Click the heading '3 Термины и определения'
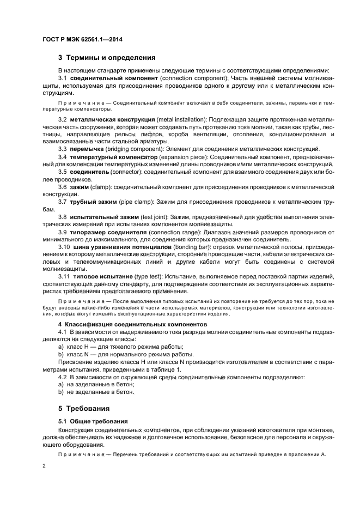click(x=107, y=57)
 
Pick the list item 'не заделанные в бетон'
click(x=95, y=392)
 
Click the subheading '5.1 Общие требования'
click(x=93, y=421)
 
